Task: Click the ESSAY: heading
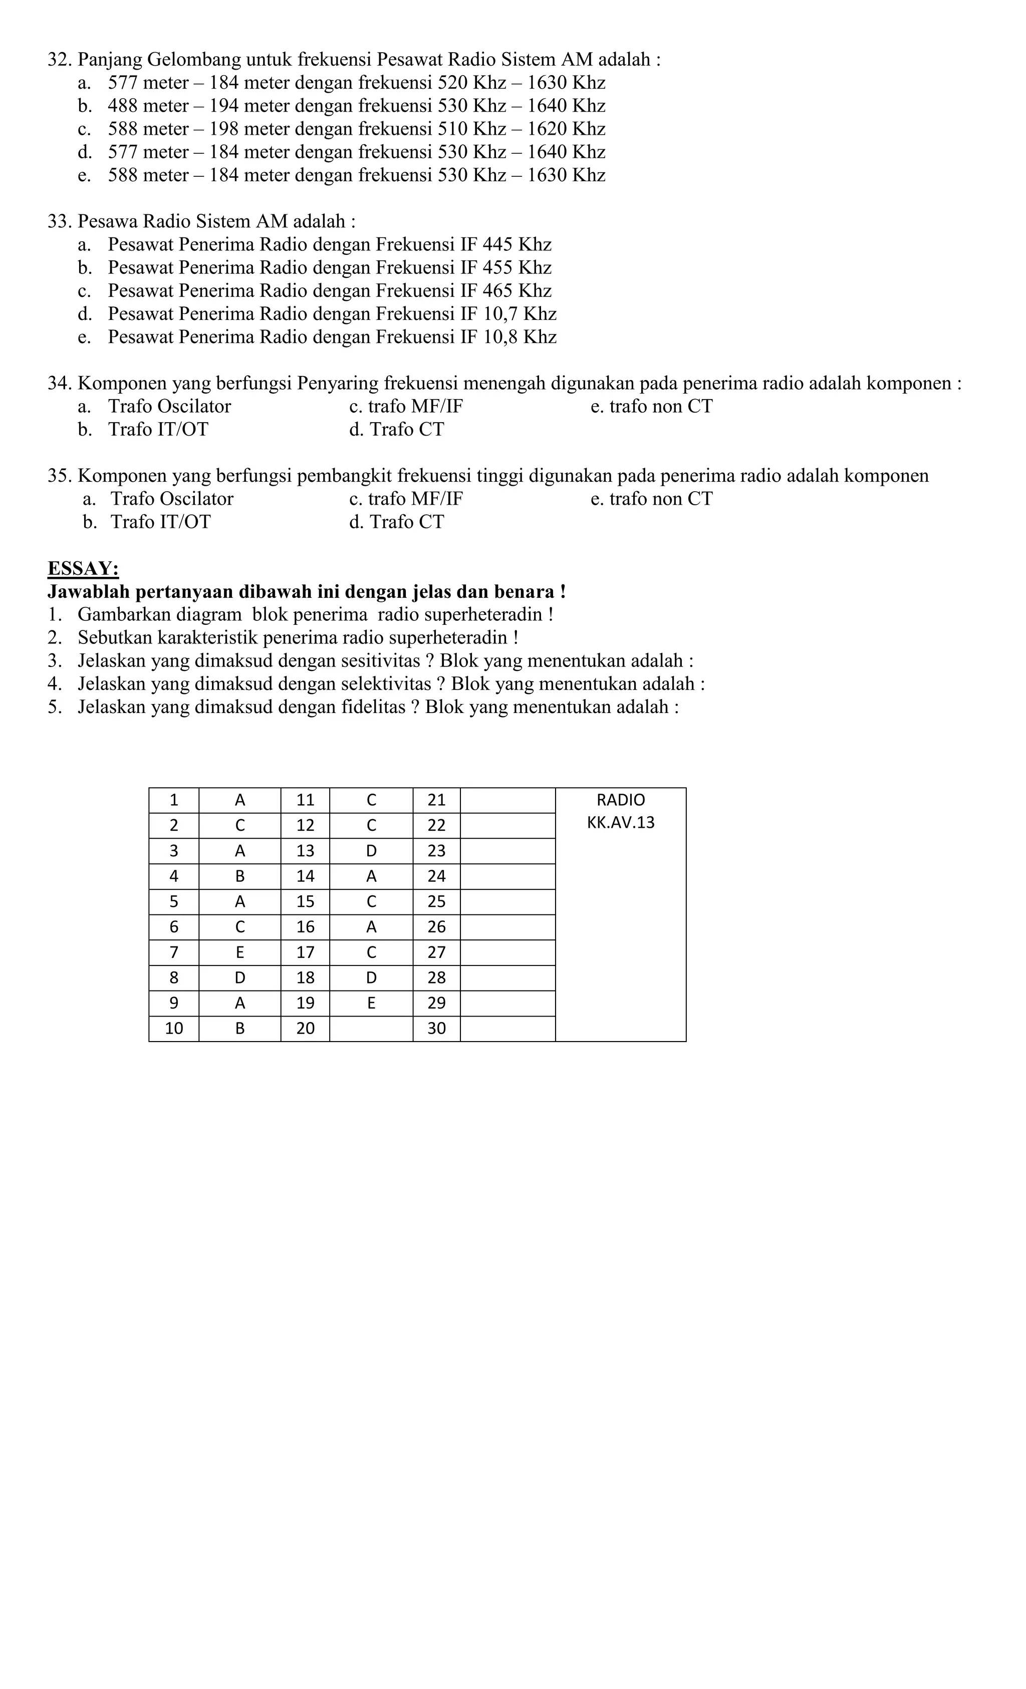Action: pos(83,568)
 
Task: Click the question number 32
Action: pos(60,60)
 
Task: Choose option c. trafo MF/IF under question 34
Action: pos(405,407)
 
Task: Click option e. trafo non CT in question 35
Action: pos(651,499)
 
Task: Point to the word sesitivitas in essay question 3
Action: pos(378,661)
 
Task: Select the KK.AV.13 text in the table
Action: pos(620,822)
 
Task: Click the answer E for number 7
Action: pos(239,952)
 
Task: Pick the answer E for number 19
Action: pos(371,1003)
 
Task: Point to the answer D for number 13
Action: pos(371,851)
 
